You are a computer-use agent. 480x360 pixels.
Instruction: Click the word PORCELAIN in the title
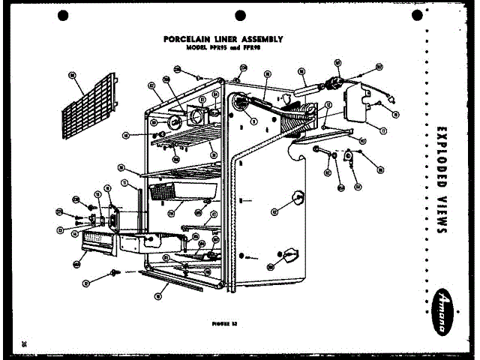(183, 39)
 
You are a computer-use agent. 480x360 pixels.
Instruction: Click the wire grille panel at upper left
(89, 109)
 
